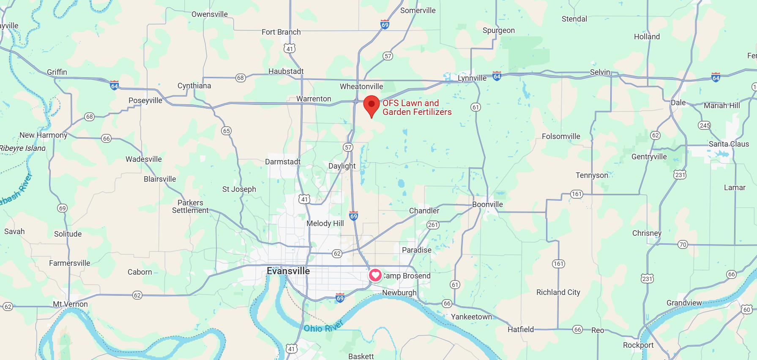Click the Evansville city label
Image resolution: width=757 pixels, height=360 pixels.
click(288, 271)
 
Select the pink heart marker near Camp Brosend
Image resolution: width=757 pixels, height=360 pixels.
click(375, 275)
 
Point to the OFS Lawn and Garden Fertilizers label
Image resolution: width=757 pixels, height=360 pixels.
click(417, 107)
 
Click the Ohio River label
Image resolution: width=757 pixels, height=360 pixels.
click(323, 327)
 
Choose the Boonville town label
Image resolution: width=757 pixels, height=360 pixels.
click(487, 205)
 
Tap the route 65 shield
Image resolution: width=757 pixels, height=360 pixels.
click(227, 131)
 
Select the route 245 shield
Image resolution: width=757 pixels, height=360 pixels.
click(705, 125)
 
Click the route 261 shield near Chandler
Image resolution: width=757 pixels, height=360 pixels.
click(433, 225)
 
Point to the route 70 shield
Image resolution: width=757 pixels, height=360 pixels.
click(683, 245)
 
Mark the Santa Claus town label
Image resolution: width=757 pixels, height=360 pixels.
click(729, 144)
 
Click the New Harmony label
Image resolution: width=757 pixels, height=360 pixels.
click(44, 135)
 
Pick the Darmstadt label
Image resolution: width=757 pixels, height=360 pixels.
click(283, 162)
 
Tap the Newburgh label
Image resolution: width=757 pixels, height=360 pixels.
click(399, 292)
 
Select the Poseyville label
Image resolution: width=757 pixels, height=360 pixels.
click(145, 101)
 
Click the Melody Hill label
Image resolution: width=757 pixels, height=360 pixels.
click(325, 224)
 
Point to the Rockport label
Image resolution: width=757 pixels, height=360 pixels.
click(638, 345)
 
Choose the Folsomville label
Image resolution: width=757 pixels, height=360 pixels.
click(561, 136)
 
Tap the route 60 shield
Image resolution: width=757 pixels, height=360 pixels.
click(747, 310)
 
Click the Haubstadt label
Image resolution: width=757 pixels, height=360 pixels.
click(286, 71)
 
